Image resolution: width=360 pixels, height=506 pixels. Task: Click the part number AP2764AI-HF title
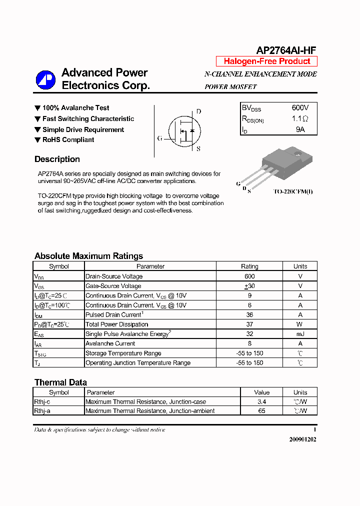click(286, 50)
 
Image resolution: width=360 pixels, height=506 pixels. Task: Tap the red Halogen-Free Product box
click(266, 61)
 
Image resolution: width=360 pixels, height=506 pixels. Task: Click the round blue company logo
click(45, 80)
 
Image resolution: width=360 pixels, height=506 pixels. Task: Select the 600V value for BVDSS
click(300, 108)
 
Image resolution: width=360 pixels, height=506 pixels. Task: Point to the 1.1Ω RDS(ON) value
click(300, 119)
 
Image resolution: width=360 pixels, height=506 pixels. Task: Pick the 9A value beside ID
click(300, 129)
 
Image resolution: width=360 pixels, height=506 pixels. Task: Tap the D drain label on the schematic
click(198, 111)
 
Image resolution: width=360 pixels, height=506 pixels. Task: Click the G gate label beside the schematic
click(159, 138)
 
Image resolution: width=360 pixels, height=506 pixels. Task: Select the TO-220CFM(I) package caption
click(293, 191)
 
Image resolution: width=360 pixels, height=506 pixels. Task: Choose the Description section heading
click(57, 159)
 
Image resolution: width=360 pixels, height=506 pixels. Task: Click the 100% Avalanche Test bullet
click(75, 108)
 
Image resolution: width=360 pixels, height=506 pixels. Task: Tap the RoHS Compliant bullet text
click(68, 140)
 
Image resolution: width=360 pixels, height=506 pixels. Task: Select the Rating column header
click(249, 266)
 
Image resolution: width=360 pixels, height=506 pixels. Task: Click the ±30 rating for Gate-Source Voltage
click(249, 286)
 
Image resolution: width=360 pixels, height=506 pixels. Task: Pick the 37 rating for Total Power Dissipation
click(249, 324)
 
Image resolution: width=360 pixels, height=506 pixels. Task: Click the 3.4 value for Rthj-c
click(261, 401)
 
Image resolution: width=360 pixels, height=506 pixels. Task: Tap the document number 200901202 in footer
click(302, 439)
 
